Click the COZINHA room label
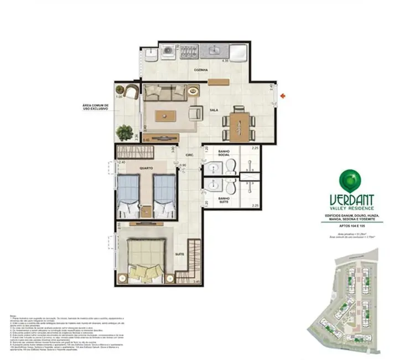(200, 70)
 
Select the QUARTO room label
(146, 167)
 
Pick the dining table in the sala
(239, 122)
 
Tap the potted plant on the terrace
(122, 132)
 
